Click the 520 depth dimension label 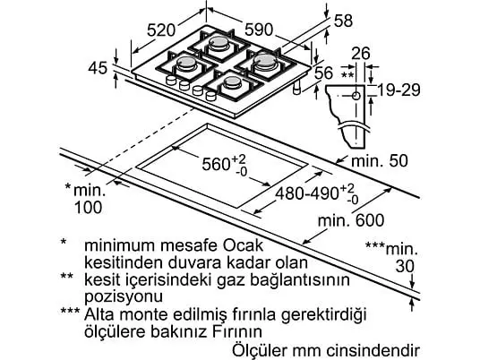click(x=161, y=30)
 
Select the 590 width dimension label click(x=259, y=30)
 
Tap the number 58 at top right click(x=343, y=21)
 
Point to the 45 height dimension click(x=98, y=68)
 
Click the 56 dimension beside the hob click(x=323, y=73)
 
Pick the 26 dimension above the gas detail click(x=360, y=53)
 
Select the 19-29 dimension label click(x=399, y=90)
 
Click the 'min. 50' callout click(x=380, y=160)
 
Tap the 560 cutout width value click(x=216, y=164)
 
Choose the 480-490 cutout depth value click(x=307, y=193)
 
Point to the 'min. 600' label click(x=351, y=220)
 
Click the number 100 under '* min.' click(x=88, y=207)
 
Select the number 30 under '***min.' click(x=405, y=266)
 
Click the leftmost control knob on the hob click(x=171, y=80)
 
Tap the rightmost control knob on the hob click(x=211, y=96)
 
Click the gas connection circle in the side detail click(x=356, y=96)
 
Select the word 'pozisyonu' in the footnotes click(x=124, y=296)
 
